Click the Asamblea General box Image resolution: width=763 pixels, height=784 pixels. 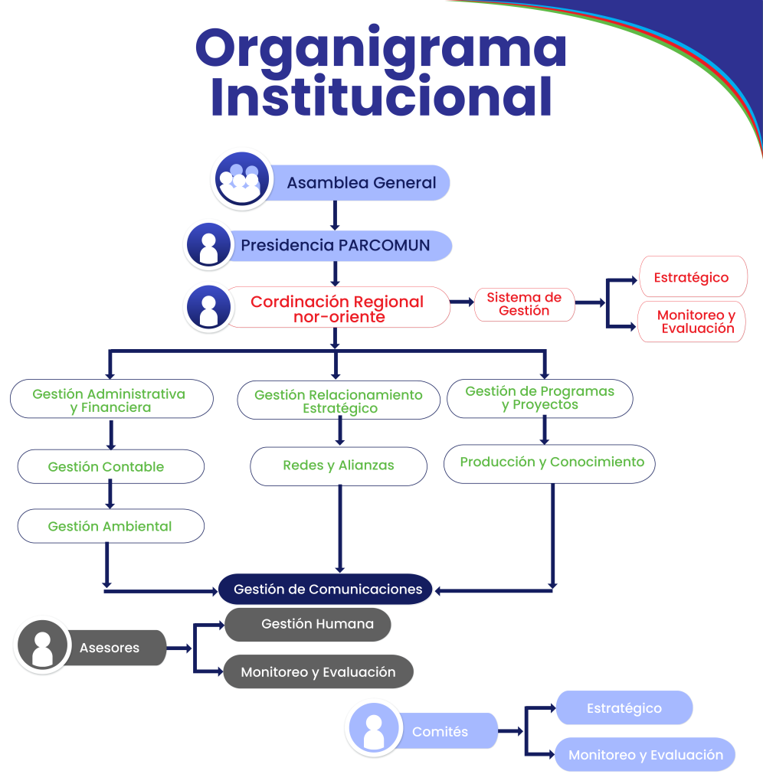pyautogui.click(x=360, y=183)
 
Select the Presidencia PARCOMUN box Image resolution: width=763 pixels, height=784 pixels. pyautogui.click(x=336, y=246)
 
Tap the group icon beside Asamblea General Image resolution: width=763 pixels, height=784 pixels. pyautogui.click(x=241, y=180)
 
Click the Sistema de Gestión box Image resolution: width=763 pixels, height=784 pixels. pyautogui.click(x=524, y=304)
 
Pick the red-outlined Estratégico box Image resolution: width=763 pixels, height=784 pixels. pyautogui.click(x=691, y=277)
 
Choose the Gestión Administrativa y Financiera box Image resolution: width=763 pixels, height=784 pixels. pyautogui.click(x=111, y=400)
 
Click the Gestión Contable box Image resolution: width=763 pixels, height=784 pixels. pyautogui.click(x=110, y=466)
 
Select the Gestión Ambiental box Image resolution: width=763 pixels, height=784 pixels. pyautogui.click(x=110, y=527)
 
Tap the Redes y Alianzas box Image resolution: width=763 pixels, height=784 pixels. pyautogui.click(x=339, y=465)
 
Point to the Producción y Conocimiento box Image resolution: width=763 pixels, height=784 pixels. pyautogui.click(x=550, y=462)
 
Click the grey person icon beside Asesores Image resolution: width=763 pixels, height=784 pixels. pyautogui.click(x=42, y=647)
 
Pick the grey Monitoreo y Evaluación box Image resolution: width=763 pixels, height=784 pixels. pyautogui.click(x=318, y=672)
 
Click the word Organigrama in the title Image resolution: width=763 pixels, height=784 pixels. pyautogui.click(x=381, y=47)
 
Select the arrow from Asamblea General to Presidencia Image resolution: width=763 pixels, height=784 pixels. pyautogui.click(x=335, y=215)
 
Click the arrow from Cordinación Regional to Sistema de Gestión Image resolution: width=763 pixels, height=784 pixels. pyautogui.click(x=461, y=302)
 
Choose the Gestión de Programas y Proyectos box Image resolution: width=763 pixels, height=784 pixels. pyautogui.click(x=540, y=398)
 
